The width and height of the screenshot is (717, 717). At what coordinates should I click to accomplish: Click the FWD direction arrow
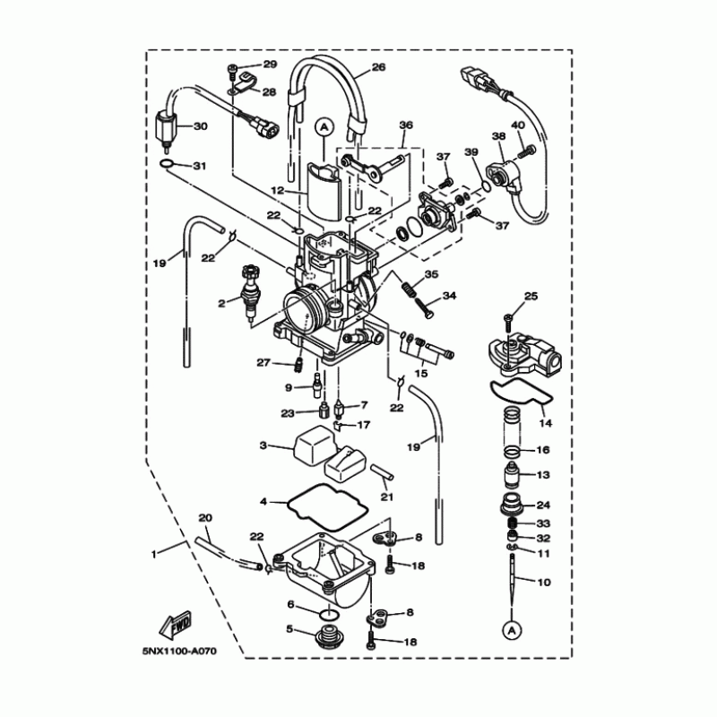coord(175,625)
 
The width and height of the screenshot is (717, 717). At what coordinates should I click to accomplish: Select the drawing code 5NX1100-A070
coord(179,652)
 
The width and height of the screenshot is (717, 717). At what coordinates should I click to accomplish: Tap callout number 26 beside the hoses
coord(378,67)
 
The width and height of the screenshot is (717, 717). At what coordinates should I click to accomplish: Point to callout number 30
coord(201,126)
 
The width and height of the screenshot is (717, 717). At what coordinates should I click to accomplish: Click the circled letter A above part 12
coord(324,126)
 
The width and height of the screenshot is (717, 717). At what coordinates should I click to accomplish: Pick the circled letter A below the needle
coord(512,631)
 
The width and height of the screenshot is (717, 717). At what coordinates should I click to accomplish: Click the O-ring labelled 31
coord(167,164)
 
